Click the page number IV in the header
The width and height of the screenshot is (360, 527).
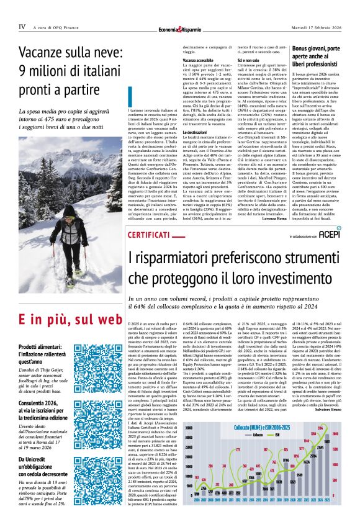22,27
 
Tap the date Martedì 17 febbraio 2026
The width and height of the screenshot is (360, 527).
315,27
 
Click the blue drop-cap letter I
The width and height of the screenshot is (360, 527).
132,97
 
